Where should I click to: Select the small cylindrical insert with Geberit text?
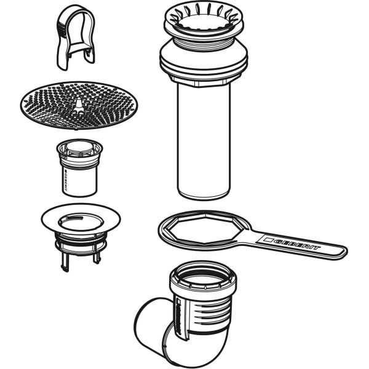click(79, 168)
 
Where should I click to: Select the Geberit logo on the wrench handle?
click(291, 244)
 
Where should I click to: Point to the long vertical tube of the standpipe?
click(204, 141)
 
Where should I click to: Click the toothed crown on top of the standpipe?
click(204, 19)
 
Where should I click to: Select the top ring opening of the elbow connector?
click(204, 276)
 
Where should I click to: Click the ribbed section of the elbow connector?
click(207, 313)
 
